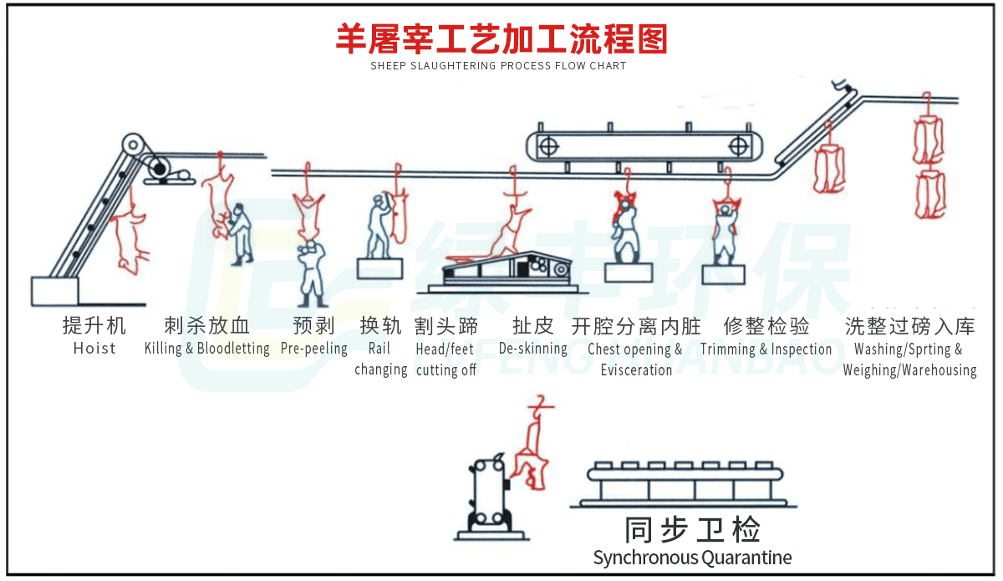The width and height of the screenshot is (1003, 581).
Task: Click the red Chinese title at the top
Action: pyautogui.click(x=501, y=38)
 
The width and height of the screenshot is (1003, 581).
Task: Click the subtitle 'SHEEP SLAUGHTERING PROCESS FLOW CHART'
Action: pyautogui.click(x=498, y=66)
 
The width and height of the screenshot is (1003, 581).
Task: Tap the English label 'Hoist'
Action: pyautogui.click(x=94, y=349)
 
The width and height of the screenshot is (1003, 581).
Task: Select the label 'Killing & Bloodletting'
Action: pyautogui.click(x=206, y=349)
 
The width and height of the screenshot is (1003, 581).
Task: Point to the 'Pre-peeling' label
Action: pyautogui.click(x=313, y=349)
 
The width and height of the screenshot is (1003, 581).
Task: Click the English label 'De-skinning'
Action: pyautogui.click(x=532, y=349)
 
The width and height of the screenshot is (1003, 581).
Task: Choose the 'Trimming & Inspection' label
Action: pyautogui.click(x=766, y=349)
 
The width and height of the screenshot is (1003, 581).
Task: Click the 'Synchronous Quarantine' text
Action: pyautogui.click(x=692, y=558)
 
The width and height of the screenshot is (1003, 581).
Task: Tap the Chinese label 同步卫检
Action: pyautogui.click(x=692, y=530)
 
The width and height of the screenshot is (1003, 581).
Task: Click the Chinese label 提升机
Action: pyautogui.click(x=94, y=325)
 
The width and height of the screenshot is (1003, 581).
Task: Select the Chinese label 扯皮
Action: pyautogui.click(x=532, y=325)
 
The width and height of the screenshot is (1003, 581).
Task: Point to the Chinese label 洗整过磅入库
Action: pyautogui.click(x=909, y=325)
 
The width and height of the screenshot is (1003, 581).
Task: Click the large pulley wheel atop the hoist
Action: pyautogui.click(x=132, y=145)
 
